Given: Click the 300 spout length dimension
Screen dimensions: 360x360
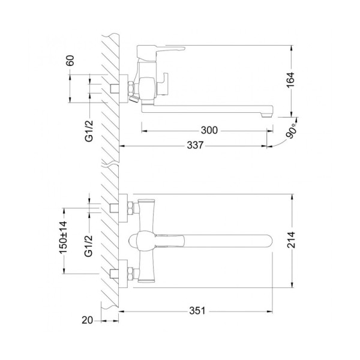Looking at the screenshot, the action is coord(209,130).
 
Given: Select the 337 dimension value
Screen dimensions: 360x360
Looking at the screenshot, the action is coord(195,145).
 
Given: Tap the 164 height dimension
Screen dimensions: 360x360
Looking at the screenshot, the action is coord(290,80).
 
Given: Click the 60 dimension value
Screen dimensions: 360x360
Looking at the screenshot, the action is coord(70,61).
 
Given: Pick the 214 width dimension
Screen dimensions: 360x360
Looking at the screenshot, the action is coord(291,240).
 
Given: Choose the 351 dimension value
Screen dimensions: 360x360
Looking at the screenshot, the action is coord(197,311).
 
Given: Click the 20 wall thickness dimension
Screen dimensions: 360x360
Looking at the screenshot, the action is coord(87,320).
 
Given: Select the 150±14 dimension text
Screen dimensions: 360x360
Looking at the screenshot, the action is coord(63,237).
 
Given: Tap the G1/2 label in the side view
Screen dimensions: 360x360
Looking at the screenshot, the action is coord(89,131).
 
